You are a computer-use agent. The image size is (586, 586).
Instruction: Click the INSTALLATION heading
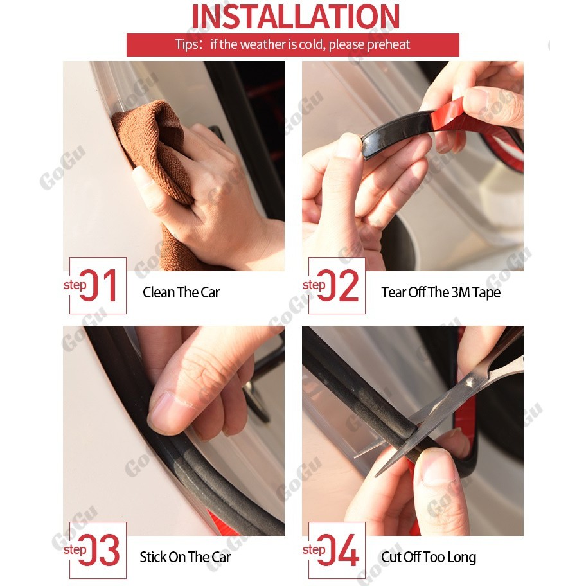coord(295,17)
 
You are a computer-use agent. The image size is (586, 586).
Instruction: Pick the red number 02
coord(338,285)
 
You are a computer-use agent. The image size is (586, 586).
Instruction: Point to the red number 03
coord(100,550)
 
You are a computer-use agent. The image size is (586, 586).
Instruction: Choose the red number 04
coord(339,550)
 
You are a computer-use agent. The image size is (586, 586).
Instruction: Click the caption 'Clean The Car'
coord(181,292)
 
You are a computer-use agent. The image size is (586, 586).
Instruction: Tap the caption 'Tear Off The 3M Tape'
coord(441,292)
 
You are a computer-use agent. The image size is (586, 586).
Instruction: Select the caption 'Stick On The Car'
coord(185,557)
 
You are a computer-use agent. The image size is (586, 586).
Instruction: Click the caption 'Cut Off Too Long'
coord(429,557)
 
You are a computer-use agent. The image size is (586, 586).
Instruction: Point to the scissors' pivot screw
coord(470,382)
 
